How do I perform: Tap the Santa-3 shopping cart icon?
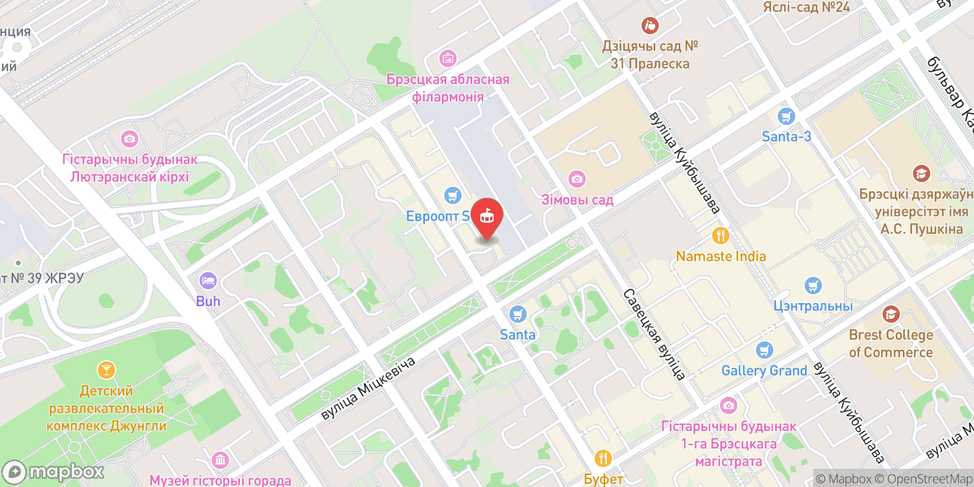click(787, 116)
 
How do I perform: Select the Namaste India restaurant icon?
click(720, 236)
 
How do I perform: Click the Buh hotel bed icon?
click(208, 281)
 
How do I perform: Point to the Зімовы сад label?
click(577, 200)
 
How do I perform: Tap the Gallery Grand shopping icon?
click(765, 350)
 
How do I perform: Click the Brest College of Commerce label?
click(891, 343)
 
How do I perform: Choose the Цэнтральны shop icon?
click(813, 285)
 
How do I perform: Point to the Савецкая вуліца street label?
click(654, 334)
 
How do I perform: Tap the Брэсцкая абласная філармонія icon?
click(448, 58)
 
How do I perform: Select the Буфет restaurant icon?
click(603, 458)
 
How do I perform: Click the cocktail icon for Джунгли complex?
click(106, 370)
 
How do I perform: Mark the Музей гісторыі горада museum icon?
click(220, 460)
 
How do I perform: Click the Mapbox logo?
click(54, 472)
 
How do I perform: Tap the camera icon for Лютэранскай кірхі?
click(129, 139)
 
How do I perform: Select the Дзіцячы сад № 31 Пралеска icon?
click(650, 26)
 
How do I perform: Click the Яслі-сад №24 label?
click(806, 7)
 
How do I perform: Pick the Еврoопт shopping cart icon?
click(452, 195)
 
